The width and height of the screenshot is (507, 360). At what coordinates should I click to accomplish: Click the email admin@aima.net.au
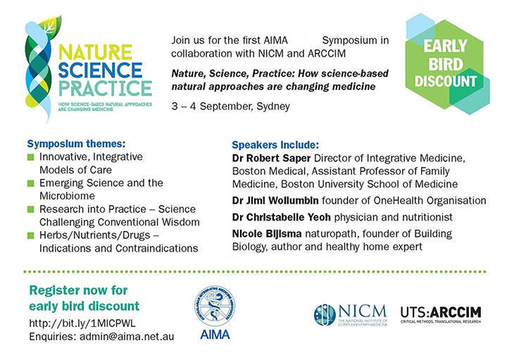127,337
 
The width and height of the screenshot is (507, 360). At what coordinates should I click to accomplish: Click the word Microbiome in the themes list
70,197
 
